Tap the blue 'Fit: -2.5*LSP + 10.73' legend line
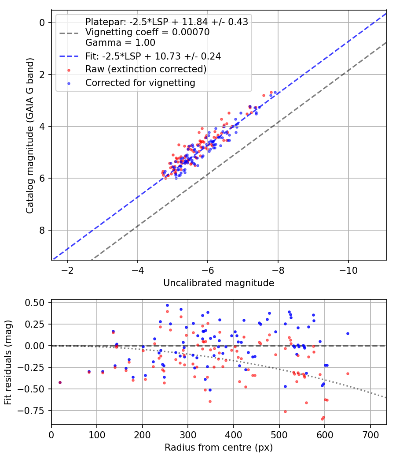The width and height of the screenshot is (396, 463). coord(69,56)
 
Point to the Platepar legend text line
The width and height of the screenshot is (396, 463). coord(167,22)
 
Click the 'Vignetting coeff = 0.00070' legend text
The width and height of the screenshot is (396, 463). coord(147,32)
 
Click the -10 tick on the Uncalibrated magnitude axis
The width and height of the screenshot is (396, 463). coord(348,270)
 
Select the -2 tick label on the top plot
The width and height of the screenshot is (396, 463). coord(67,270)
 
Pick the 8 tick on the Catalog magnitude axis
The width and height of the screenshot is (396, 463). coord(42,230)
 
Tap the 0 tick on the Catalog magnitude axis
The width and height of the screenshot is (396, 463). coord(42,22)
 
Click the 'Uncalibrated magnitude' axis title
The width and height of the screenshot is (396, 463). coord(219,283)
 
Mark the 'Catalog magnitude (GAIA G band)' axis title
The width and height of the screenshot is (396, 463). coord(29,135)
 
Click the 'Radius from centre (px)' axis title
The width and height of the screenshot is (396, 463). coord(219,448)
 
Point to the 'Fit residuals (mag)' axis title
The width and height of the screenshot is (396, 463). coord(8,362)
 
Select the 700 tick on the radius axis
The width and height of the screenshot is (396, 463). coord(370,435)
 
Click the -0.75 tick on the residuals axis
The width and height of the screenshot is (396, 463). coord(31,411)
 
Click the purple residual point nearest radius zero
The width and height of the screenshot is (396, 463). coord(60,383)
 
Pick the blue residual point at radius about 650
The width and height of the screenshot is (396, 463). coord(348,334)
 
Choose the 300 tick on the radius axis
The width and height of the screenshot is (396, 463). coord(188,435)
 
